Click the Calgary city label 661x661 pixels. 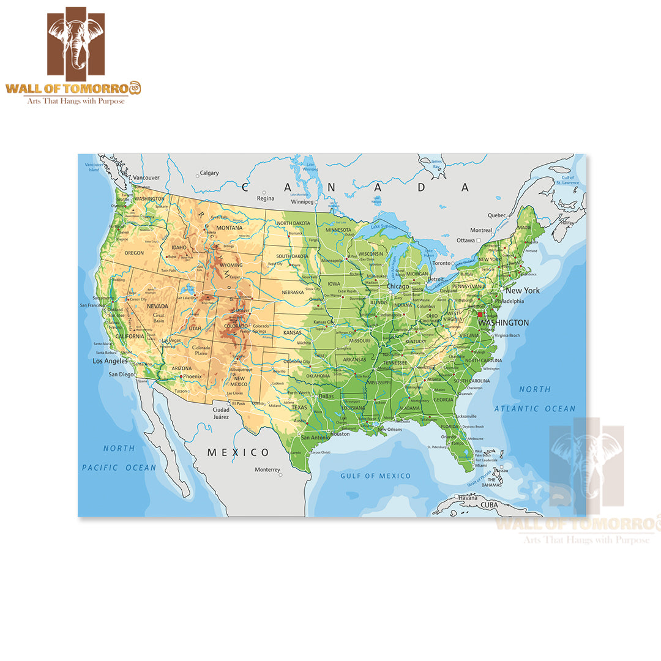click(209, 173)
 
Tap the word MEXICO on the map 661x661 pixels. click(238, 452)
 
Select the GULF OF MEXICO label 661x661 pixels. click(376, 476)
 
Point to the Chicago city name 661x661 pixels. click(398, 286)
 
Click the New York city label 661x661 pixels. click(522, 291)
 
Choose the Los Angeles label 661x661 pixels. click(110, 361)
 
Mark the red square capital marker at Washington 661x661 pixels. click(480, 314)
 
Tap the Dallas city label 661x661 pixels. click(326, 396)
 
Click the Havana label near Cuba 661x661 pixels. click(468, 498)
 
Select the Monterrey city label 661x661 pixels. click(267, 469)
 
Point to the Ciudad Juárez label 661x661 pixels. click(221, 413)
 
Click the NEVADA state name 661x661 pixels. click(157, 306)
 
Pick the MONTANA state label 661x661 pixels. click(230, 228)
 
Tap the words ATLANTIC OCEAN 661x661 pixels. click(535, 408)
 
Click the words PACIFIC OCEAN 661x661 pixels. click(119, 468)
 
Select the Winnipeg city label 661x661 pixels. click(302, 201)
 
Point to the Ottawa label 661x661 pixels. click(466, 241)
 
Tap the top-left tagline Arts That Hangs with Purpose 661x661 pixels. click(75, 100)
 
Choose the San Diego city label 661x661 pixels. click(121, 375)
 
